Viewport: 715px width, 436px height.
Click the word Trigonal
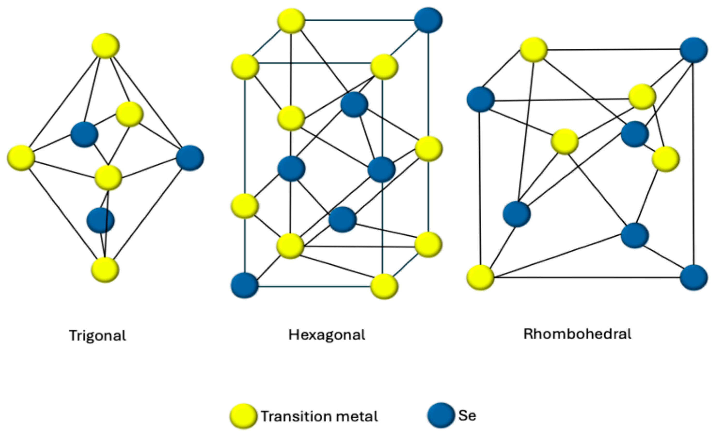tap(98, 336)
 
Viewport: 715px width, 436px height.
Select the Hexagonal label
tap(327, 335)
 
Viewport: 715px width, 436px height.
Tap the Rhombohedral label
tap(577, 334)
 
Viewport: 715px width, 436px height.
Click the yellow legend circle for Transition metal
tap(243, 416)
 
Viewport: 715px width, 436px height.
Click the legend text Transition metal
tap(319, 416)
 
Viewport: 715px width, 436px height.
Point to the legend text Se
tap(467, 416)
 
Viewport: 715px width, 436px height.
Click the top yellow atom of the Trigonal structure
tap(106, 46)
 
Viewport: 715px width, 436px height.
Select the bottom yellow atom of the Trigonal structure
tap(105, 270)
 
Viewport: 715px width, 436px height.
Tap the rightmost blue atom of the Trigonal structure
tap(190, 158)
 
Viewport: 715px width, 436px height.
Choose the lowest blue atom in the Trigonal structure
tap(100, 220)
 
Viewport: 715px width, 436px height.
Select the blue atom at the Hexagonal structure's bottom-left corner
tap(245, 285)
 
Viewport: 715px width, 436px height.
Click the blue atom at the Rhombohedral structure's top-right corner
tap(694, 50)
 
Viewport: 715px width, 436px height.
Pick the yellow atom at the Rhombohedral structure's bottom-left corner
tap(480, 277)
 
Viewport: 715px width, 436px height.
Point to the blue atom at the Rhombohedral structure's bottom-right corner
tap(694, 277)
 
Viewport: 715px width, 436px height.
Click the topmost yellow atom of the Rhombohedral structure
tap(534, 49)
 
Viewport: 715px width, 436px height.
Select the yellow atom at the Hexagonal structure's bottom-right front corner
tap(384, 286)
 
